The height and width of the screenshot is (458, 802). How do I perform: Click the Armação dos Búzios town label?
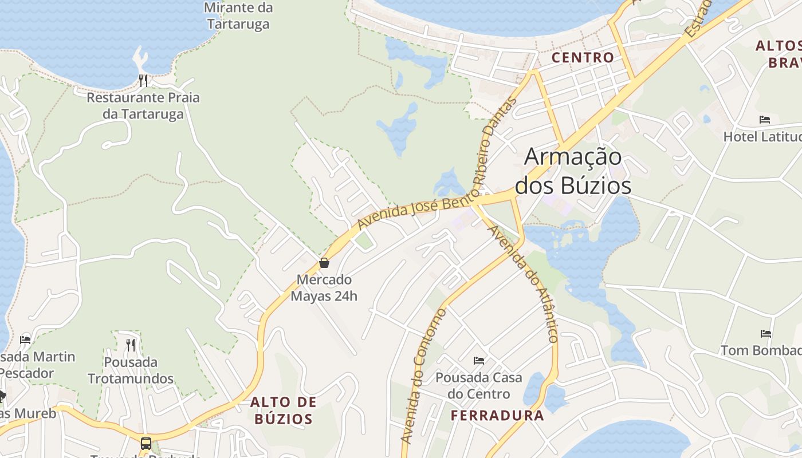click(x=573, y=171)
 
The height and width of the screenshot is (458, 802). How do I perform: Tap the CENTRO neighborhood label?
click(x=583, y=57)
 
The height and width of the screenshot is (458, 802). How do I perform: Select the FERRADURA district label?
click(x=497, y=415)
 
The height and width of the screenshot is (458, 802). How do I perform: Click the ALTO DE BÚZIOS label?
click(x=284, y=410)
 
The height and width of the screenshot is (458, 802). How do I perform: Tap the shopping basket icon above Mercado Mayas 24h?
click(x=324, y=263)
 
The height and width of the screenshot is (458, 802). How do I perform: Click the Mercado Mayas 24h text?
click(x=324, y=288)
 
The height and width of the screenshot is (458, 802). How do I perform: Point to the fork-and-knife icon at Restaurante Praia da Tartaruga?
click(x=143, y=80)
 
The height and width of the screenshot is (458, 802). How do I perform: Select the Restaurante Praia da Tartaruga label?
click(x=143, y=105)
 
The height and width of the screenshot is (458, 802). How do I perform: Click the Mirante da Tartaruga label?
click(x=238, y=16)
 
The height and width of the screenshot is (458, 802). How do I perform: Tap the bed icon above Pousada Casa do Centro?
click(x=479, y=361)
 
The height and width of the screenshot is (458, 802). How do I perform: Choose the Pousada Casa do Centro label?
click(x=479, y=386)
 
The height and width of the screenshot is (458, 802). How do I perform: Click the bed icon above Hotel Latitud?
click(x=765, y=120)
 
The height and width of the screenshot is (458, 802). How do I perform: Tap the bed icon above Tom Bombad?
click(x=766, y=333)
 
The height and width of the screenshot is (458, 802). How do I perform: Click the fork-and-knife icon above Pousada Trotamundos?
click(x=131, y=345)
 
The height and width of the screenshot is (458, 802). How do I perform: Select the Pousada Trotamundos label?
click(x=131, y=370)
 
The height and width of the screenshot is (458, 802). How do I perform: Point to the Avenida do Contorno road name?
click(x=423, y=376)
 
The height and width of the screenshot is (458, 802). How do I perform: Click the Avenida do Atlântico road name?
click(x=522, y=284)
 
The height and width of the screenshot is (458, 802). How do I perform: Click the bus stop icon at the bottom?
click(x=146, y=443)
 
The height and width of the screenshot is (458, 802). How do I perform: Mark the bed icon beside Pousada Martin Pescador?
click(x=25, y=339)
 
